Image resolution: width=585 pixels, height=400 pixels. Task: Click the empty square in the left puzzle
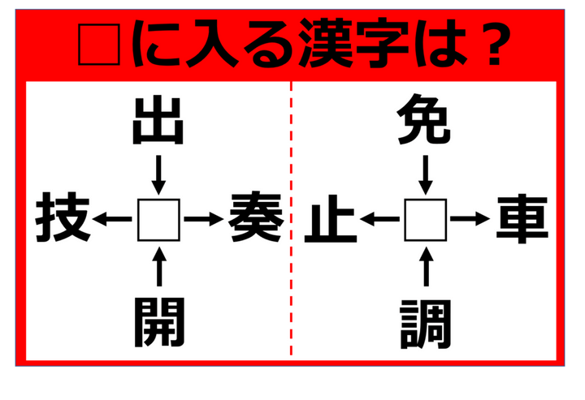click(x=158, y=219)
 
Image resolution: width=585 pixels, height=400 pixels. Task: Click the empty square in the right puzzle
click(x=425, y=219)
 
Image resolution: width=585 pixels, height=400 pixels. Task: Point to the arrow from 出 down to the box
click(x=158, y=172)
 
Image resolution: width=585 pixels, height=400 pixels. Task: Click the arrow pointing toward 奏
click(x=203, y=219)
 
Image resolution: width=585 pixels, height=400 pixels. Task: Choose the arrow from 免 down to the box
click(x=425, y=172)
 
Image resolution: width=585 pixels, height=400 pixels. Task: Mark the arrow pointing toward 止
click(x=379, y=219)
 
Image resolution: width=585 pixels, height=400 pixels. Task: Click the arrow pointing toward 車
click(x=470, y=219)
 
